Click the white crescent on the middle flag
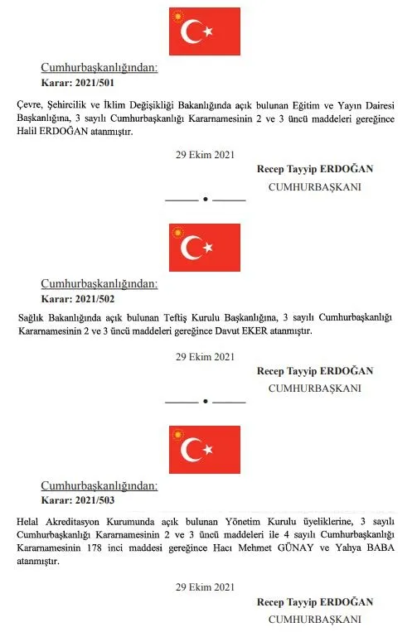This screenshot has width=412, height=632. coord(192,247)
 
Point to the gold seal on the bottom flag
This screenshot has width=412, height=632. coord(177,435)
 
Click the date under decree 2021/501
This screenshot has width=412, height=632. coord(205,155)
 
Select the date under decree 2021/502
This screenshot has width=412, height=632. coord(205,357)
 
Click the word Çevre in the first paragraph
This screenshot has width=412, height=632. coord(31,105)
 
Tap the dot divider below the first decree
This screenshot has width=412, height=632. coord(205,200)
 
